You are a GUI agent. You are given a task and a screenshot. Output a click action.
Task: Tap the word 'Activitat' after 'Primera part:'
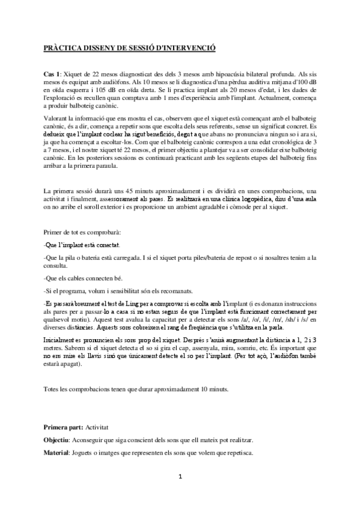click(x=97, y=426)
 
